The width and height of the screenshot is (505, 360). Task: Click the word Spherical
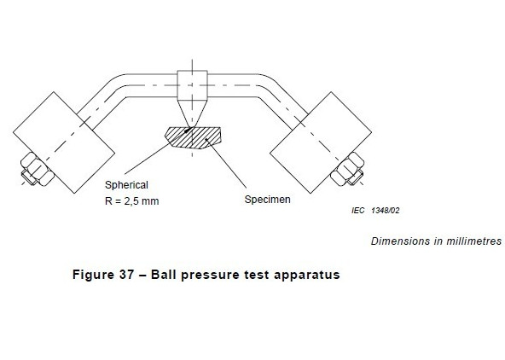click(x=126, y=185)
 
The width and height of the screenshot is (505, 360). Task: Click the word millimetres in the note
click(x=466, y=241)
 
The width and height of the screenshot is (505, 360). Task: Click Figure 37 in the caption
click(x=104, y=276)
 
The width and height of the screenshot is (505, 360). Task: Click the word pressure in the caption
click(x=212, y=276)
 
